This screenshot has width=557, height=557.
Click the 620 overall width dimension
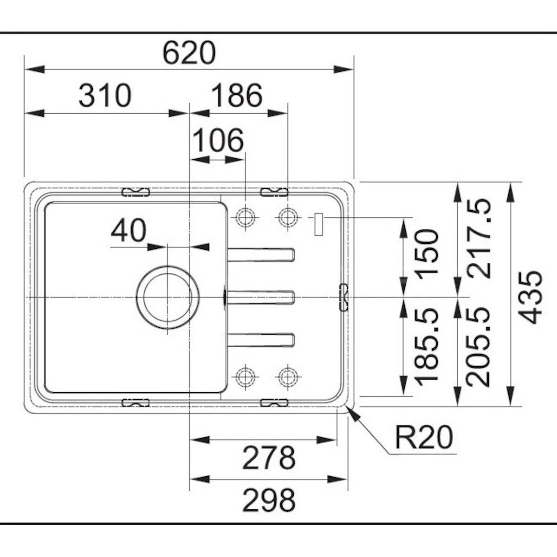click(189, 52)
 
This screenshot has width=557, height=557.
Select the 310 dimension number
click(105, 96)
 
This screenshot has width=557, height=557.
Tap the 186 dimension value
click(237, 96)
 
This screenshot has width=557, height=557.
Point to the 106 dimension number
click(218, 140)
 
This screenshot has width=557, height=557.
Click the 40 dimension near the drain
click(129, 231)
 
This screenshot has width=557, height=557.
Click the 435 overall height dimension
click(530, 297)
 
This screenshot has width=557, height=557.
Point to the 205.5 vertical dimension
click(479, 346)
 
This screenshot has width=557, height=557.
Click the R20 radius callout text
click(423, 437)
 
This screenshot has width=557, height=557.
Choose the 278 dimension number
click(269, 458)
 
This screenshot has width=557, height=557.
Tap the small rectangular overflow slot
click(319, 225)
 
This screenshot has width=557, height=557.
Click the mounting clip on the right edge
click(344, 297)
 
